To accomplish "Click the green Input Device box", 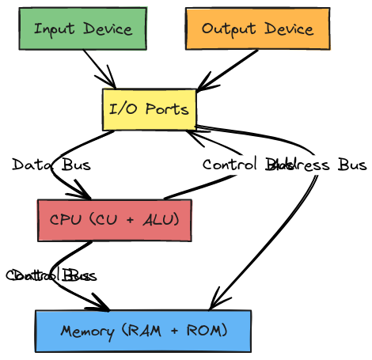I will [x=82, y=29].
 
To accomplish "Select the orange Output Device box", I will [x=257, y=29].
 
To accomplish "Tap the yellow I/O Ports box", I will [x=149, y=109].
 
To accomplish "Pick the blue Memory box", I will [x=142, y=331].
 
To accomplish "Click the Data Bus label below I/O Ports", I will [x=51, y=165].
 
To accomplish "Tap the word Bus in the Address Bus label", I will [x=352, y=165].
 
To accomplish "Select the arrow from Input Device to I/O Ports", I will [x=99, y=67].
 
